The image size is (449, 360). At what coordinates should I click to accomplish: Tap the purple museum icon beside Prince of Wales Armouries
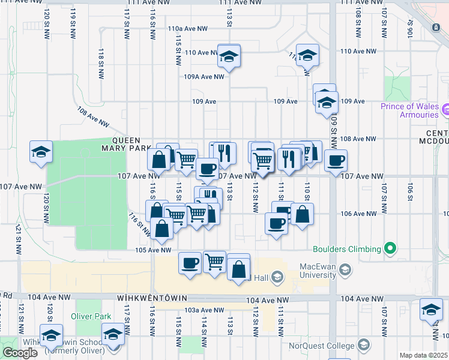coord(445,110)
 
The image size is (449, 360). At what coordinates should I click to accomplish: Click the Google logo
coord(20,353)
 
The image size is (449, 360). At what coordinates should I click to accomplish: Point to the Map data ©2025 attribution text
coord(423,355)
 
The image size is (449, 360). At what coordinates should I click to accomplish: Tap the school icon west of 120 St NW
coord(41,152)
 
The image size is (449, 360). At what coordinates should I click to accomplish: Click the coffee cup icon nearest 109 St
coord(336,160)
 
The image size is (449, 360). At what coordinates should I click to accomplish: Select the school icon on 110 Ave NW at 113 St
coord(229,56)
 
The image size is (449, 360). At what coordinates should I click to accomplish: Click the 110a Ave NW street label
coord(187,28)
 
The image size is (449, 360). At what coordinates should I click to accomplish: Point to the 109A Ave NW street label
coord(203,77)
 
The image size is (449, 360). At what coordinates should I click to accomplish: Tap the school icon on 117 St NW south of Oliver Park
coord(112,334)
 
